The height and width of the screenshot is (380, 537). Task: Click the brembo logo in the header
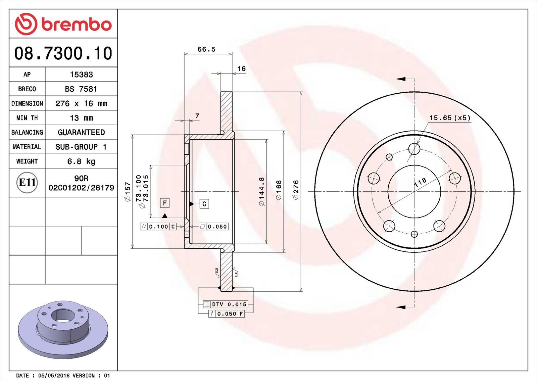pos(63,24)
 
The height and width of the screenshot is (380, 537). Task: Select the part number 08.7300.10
pos(63,53)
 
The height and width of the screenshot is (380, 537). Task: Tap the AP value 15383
pos(81,75)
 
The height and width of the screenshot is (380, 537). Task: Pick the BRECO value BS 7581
pos(81,89)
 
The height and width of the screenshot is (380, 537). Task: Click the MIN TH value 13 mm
pos(81,118)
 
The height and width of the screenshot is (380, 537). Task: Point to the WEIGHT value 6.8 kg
pos(81,161)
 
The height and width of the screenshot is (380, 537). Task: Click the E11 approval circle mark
pos(27,183)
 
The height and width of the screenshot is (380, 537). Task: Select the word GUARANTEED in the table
pos(81,132)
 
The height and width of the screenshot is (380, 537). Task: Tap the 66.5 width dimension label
pos(206,49)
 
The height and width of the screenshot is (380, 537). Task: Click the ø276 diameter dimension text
pos(296,190)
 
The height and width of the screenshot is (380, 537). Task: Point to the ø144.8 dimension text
pos(261,191)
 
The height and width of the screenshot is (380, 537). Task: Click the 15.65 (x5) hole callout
pos(450,118)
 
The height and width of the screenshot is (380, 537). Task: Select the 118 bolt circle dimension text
pos(420,183)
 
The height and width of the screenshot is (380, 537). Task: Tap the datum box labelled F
pos(165,203)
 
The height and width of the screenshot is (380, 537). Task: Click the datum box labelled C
pos(204,204)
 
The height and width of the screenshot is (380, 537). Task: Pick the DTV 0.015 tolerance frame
pos(225,304)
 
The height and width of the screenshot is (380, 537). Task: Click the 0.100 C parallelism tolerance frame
pos(158,227)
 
